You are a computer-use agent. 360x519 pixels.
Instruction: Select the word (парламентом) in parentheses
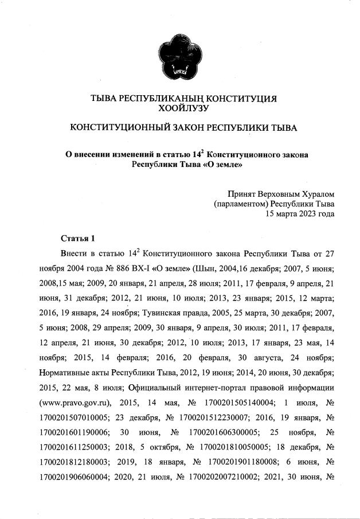pyautogui.click(x=240, y=204)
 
